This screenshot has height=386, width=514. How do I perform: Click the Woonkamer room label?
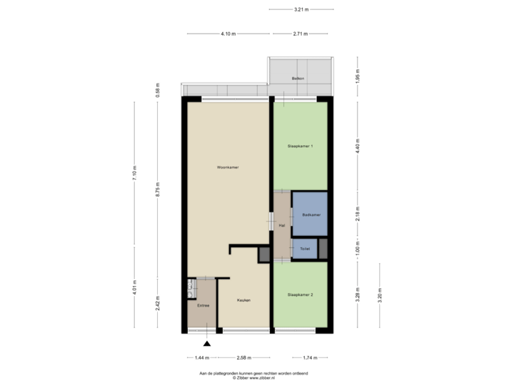[x=228, y=167]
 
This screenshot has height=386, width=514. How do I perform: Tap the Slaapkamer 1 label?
[x=301, y=146]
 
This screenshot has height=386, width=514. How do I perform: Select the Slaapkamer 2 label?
[x=301, y=295]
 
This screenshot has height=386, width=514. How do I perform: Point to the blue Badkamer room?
[x=310, y=214]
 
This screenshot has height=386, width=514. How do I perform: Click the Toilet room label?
[x=305, y=249]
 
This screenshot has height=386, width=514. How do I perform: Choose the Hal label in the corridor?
[x=282, y=225]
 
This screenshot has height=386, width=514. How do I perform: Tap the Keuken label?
[x=244, y=300]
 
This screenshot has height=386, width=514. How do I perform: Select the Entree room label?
[x=203, y=305]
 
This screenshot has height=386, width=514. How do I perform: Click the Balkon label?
[x=298, y=78]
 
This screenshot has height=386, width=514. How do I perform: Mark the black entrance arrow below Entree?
[x=207, y=345]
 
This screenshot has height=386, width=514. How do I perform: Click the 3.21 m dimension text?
[x=301, y=9]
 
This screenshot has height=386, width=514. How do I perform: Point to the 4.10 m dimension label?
[x=228, y=34]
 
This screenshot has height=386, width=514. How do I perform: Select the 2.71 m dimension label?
[x=300, y=34]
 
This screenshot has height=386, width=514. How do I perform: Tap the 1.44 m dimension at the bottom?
[x=202, y=357]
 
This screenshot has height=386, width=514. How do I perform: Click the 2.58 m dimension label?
[x=244, y=357]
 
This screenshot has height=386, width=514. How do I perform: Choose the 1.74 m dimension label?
[x=310, y=357]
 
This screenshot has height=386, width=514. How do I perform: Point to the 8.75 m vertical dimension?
[x=158, y=192]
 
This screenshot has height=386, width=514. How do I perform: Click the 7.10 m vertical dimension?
[x=134, y=173]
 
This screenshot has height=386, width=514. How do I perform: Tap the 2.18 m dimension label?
[x=358, y=214]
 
